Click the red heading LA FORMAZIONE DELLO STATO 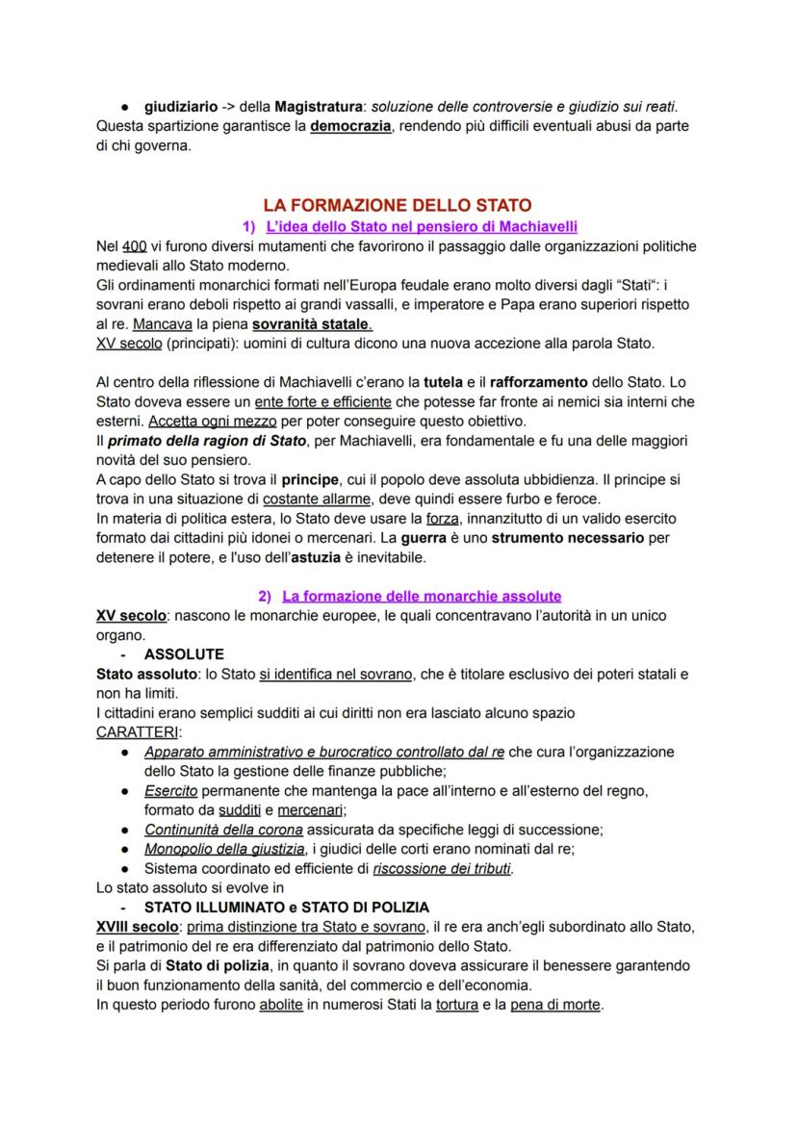[397, 205]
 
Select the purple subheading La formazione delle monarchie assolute [421, 597]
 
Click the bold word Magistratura [319, 106]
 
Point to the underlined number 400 [135, 246]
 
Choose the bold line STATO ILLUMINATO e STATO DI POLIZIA [286, 908]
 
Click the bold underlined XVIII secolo [138, 927]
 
